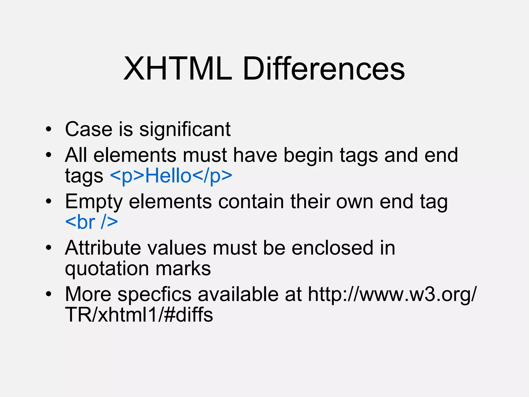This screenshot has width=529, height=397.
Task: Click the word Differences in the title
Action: [x=324, y=69]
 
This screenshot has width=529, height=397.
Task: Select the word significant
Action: [x=185, y=129]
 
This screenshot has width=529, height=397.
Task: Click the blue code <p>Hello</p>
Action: [x=171, y=176]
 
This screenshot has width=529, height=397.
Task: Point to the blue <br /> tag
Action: [x=91, y=222]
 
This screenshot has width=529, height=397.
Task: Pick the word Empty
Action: [x=94, y=202]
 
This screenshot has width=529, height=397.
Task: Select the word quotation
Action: [x=107, y=269]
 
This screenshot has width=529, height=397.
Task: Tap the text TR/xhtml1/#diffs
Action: [x=139, y=315]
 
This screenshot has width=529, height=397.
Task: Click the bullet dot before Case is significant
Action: [x=49, y=129]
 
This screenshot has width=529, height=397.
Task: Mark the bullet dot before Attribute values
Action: [x=49, y=248]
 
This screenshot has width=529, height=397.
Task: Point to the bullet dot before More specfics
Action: [x=49, y=294]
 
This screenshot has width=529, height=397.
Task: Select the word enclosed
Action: [x=332, y=248]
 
